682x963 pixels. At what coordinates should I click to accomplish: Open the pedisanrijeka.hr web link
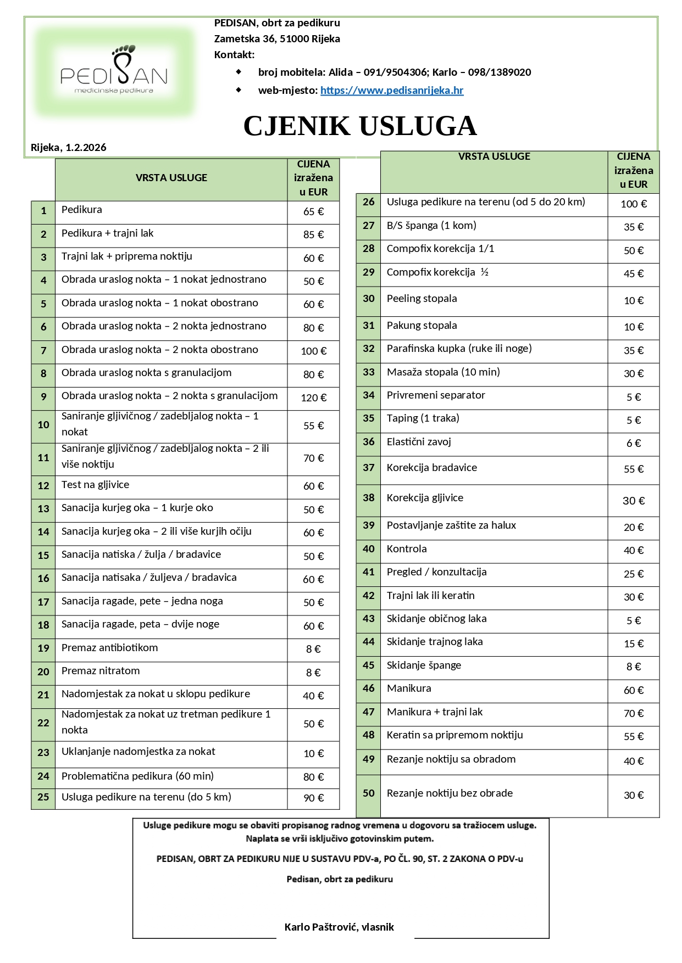point(392,90)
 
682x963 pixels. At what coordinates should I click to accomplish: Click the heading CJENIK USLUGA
point(360,126)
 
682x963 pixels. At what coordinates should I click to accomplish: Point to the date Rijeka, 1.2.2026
point(69,147)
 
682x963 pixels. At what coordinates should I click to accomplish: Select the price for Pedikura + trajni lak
point(313,234)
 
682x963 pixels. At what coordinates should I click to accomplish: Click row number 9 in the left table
point(43,396)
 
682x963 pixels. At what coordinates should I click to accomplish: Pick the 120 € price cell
point(313,397)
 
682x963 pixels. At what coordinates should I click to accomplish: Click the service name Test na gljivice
point(96,485)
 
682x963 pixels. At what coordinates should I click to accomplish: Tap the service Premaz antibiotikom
point(110,648)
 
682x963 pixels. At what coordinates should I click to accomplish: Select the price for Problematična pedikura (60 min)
point(313,777)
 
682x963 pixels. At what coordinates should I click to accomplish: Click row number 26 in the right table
point(368,202)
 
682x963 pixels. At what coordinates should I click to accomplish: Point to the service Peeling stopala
point(422,299)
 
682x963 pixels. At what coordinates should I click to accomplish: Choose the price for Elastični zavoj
point(634,443)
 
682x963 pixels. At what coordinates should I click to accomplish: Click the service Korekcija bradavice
point(432,468)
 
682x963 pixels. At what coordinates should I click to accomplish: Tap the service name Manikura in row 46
point(409,688)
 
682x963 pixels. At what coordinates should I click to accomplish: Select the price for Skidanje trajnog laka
point(634,643)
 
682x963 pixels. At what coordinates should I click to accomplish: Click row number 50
point(368,793)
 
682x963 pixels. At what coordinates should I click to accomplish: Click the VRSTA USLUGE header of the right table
point(494,156)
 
